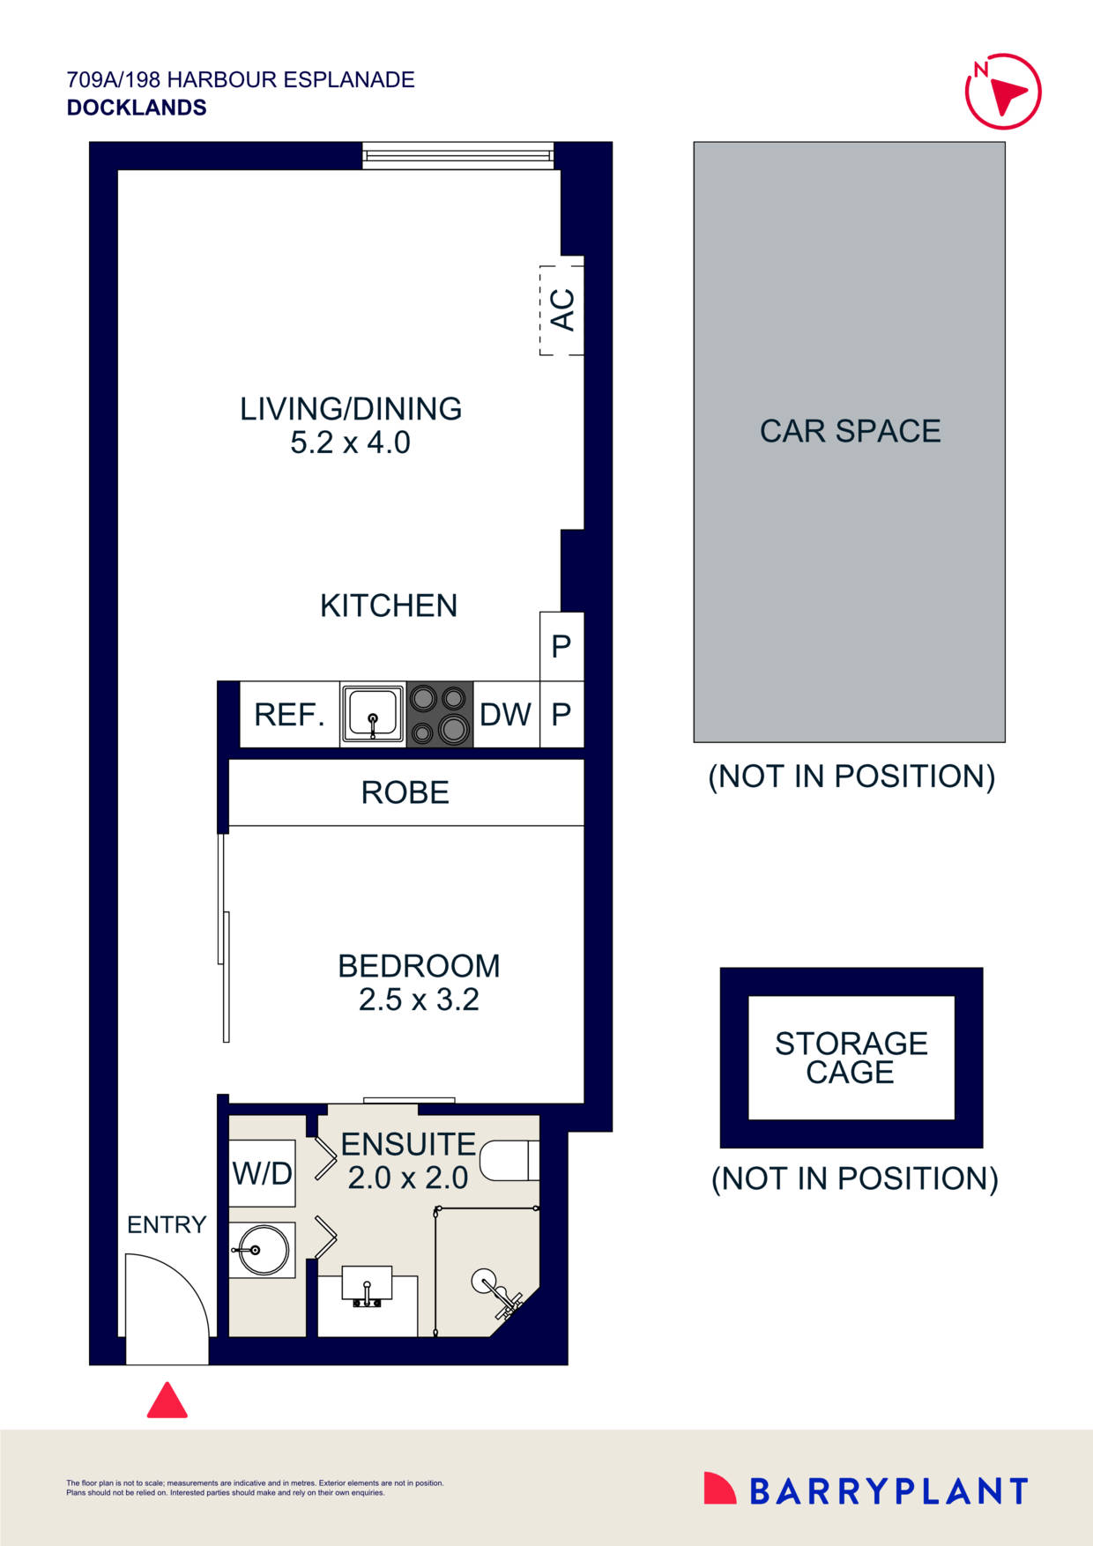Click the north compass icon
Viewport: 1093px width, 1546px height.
pos(1003,92)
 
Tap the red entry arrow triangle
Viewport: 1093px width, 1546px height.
pos(167,1401)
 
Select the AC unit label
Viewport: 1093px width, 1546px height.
pos(562,309)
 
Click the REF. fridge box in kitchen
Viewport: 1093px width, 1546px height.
pos(289,714)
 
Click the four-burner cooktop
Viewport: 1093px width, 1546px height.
pos(440,714)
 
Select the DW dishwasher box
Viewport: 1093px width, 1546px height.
pos(506,714)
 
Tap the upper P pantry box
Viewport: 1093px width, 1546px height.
pos(561,646)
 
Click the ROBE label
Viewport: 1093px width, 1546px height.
pos(405,792)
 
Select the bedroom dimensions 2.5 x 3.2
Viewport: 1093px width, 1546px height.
pos(419,1000)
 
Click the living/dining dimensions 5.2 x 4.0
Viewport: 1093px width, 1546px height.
pos(350,442)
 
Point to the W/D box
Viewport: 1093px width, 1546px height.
pos(262,1173)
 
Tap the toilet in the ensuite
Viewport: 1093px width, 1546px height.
pos(510,1161)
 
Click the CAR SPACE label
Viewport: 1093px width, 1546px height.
pos(850,431)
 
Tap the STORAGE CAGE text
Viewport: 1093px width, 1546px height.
pos(851,1058)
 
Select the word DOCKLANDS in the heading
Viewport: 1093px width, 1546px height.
pos(137,108)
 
